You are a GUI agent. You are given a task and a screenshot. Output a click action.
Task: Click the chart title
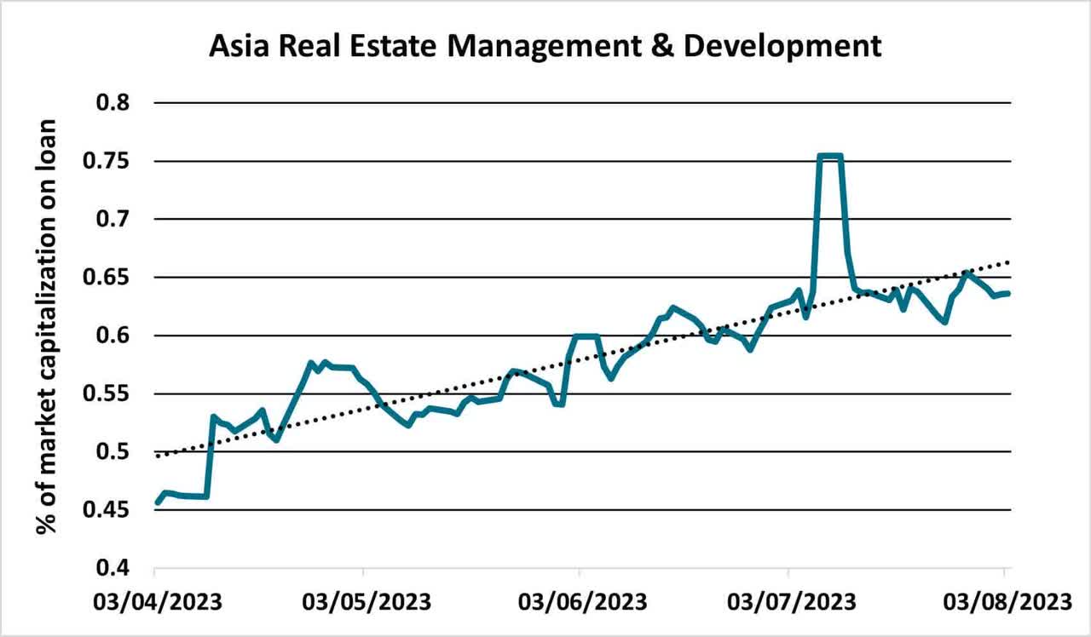tap(545, 46)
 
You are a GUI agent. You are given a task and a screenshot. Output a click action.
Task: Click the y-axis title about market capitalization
tap(46, 326)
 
